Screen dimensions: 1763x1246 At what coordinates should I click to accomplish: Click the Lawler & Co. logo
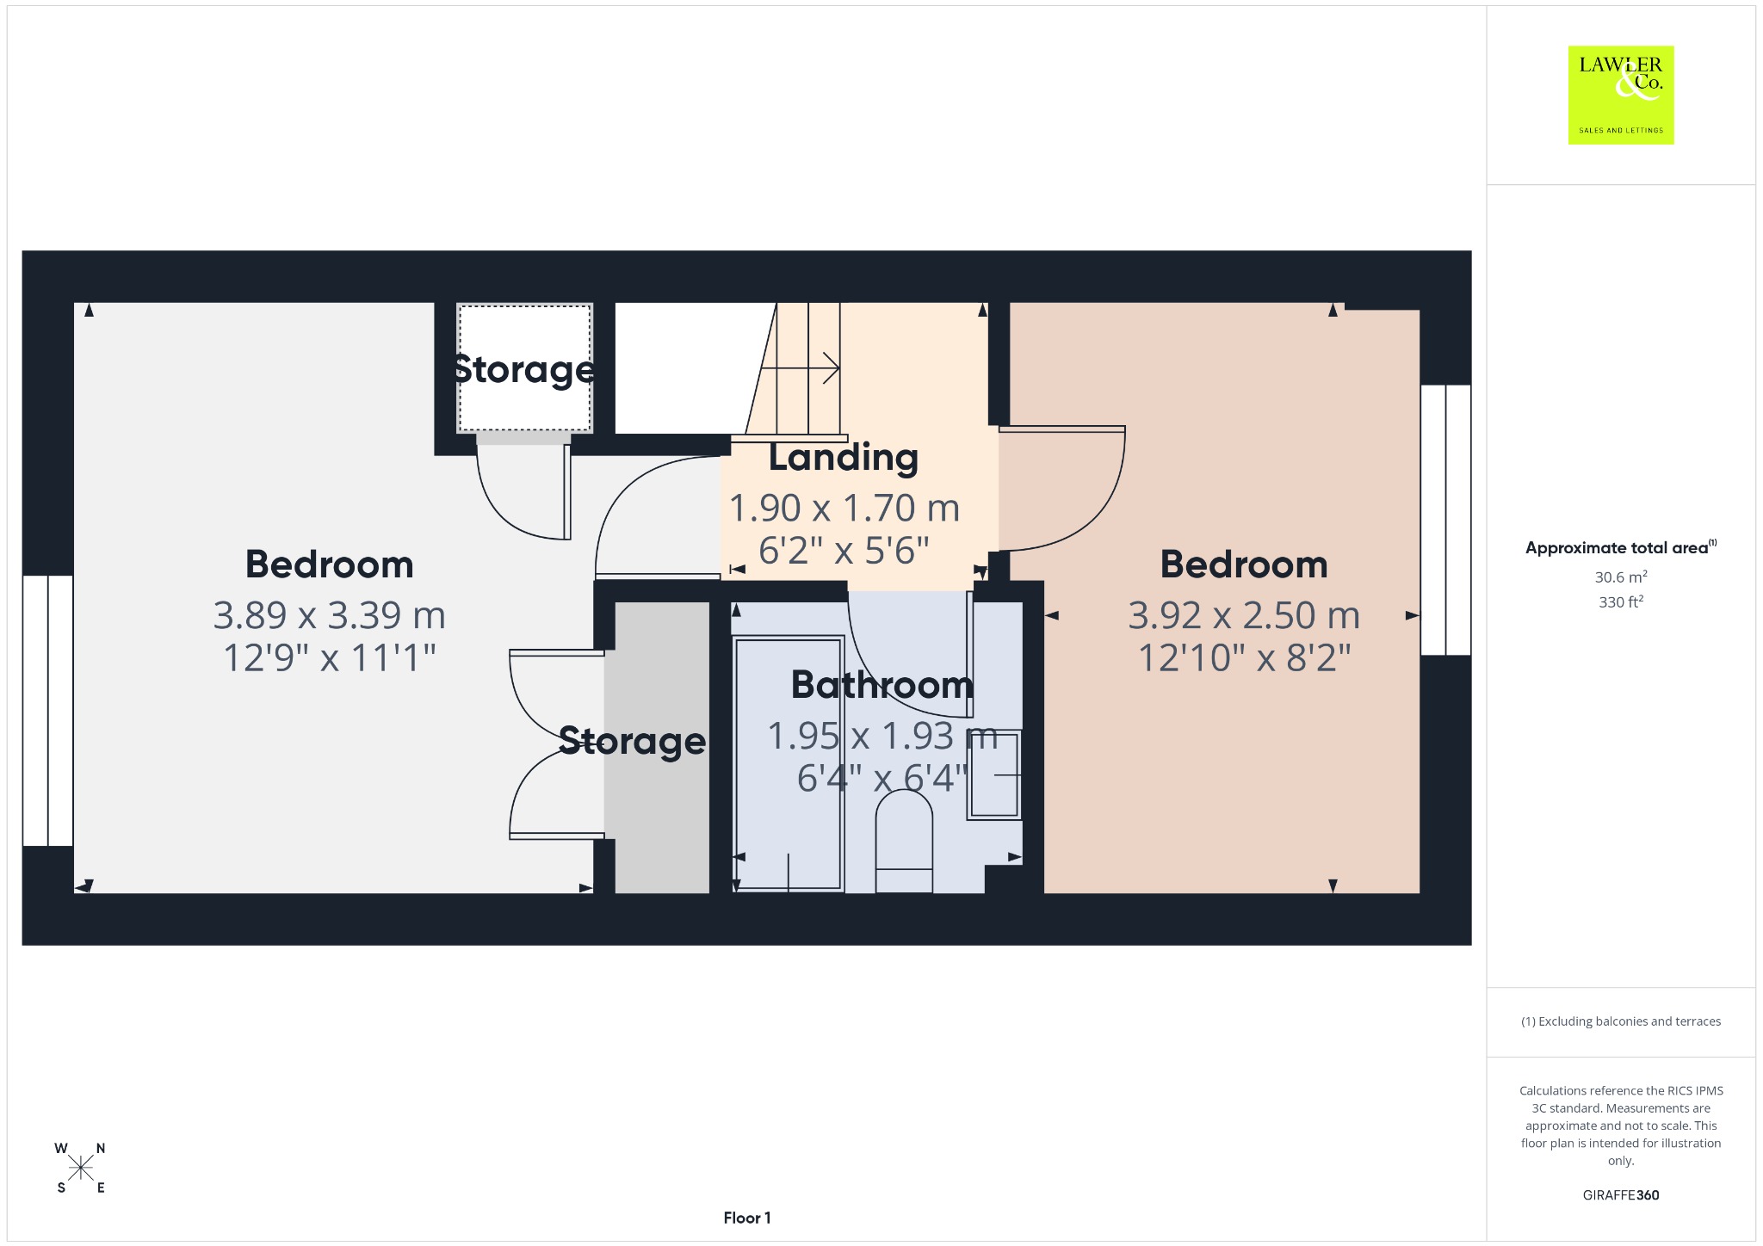tap(1621, 95)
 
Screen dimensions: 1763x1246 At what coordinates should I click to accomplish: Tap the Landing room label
tap(844, 457)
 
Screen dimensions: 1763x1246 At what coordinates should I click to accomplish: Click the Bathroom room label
tap(882, 685)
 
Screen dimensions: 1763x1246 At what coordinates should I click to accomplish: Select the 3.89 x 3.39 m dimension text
tap(330, 614)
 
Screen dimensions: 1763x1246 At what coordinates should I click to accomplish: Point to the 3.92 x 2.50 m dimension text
tap(1244, 614)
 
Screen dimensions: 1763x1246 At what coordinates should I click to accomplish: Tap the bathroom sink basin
tap(994, 775)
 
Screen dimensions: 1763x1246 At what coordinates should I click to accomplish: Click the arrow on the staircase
tap(801, 368)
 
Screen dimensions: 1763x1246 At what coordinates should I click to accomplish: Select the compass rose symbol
tap(81, 1168)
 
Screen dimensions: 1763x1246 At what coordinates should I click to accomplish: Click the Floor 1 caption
tap(747, 1218)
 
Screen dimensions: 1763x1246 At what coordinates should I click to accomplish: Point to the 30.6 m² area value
tap(1621, 577)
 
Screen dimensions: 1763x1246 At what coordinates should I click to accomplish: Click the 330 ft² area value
tap(1621, 601)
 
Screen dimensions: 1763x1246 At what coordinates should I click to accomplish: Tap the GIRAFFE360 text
tap(1621, 1194)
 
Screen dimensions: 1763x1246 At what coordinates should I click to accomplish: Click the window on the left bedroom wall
tap(48, 711)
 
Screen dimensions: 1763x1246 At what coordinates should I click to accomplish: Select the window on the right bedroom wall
tap(1446, 520)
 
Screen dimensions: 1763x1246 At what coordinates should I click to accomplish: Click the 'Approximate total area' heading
tap(1621, 547)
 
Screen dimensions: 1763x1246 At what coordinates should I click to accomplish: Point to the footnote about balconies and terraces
tap(1621, 1021)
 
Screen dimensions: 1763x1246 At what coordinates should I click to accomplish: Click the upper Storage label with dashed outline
tap(524, 369)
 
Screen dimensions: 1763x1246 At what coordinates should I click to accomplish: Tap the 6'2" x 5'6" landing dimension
tap(844, 550)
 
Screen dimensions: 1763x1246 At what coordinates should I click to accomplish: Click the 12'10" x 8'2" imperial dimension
tap(1244, 657)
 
